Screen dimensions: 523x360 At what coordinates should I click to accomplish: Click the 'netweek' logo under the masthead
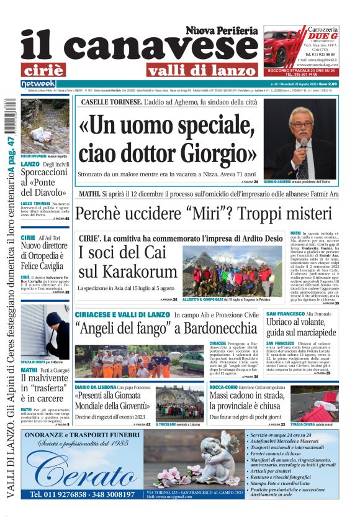(x=38, y=83)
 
